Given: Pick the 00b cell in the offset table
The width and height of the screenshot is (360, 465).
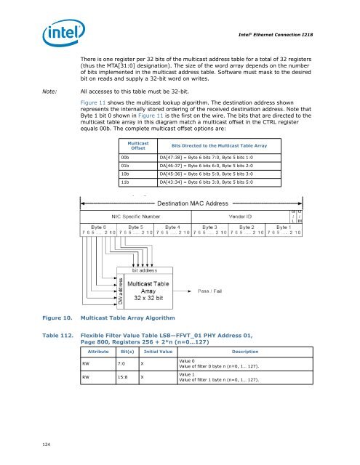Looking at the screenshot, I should [x=126, y=157].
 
